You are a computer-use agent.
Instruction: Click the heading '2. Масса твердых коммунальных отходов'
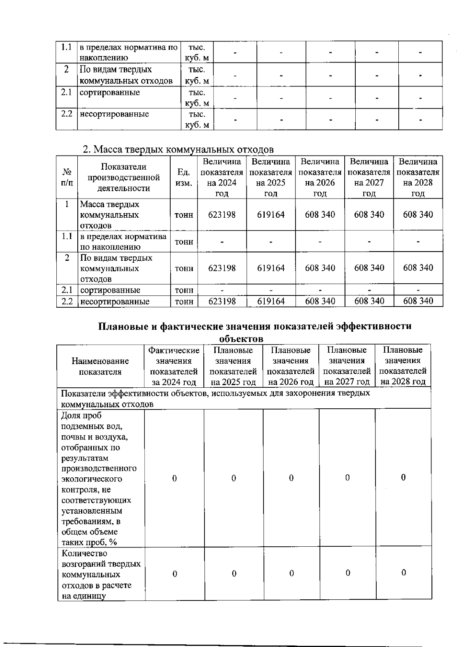[178, 149]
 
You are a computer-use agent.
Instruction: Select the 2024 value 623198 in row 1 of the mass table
[222, 215]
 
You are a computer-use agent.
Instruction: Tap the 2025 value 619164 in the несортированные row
[270, 301]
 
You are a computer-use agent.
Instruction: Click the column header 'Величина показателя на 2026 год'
[320, 177]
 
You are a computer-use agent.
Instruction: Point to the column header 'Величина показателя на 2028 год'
[418, 177]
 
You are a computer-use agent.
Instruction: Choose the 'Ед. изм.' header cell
[184, 178]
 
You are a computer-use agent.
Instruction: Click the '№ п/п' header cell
[67, 177]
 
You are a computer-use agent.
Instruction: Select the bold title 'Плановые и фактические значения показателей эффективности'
[254, 326]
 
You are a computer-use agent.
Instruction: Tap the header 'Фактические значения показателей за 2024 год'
[174, 366]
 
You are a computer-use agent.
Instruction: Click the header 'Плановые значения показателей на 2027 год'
[347, 366]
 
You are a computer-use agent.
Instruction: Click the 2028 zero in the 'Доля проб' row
[403, 478]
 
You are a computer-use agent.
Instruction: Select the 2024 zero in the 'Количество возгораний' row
[174, 573]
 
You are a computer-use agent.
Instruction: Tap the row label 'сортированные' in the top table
[110, 93]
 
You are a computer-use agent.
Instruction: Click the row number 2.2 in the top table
[67, 114]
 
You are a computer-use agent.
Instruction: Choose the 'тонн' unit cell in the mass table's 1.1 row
[184, 242]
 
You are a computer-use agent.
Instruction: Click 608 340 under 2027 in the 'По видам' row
[369, 268]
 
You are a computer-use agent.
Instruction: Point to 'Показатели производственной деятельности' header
[123, 177]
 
